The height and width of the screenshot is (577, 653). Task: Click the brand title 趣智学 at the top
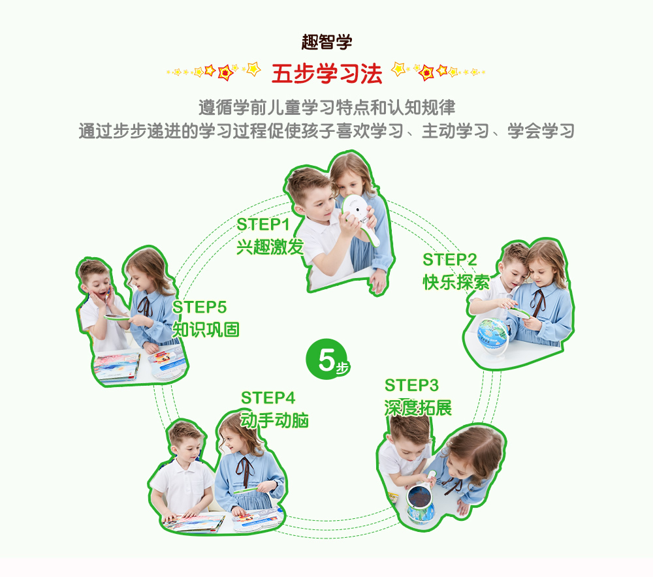click(x=326, y=42)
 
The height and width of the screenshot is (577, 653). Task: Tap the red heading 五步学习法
click(x=326, y=74)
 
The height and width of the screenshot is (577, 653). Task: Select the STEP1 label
click(x=263, y=225)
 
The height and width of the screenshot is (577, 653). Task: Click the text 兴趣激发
click(x=270, y=247)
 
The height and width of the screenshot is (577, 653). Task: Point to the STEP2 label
click(x=449, y=260)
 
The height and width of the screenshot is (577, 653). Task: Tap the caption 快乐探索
click(x=456, y=282)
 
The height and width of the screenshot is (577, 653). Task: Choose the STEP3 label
click(x=411, y=386)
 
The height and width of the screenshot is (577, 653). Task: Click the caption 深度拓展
click(x=418, y=408)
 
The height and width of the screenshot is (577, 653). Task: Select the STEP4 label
click(x=268, y=398)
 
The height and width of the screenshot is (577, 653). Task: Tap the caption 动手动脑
click(x=274, y=420)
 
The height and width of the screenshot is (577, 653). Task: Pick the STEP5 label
click(x=199, y=307)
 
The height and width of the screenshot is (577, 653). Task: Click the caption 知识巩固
click(x=206, y=330)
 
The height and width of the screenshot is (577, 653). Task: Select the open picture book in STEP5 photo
click(x=117, y=366)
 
